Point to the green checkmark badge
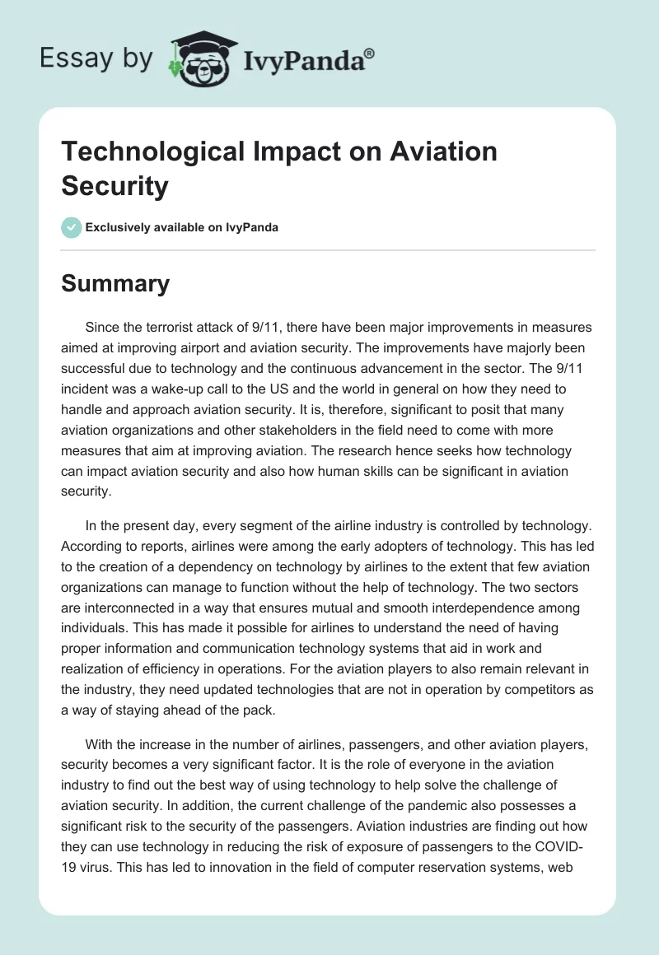coord(72,227)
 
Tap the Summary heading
coord(115,283)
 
